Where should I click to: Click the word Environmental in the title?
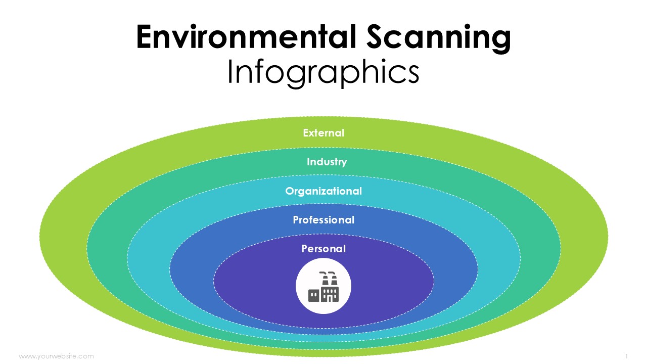(246, 37)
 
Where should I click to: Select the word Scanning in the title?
(438, 39)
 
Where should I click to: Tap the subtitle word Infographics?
(323, 73)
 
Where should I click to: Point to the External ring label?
(323, 133)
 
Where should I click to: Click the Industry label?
(327, 162)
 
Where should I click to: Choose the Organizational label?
(323, 191)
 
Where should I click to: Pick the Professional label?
(323, 220)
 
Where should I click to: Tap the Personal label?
(323, 249)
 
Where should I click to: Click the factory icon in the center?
(323, 287)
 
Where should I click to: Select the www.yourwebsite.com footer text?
(56, 356)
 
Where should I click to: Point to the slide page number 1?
(626, 356)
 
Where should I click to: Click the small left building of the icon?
(314, 296)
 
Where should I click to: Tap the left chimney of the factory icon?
(325, 278)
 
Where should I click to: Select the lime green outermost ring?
(64, 237)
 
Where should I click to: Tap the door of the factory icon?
(329, 299)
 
